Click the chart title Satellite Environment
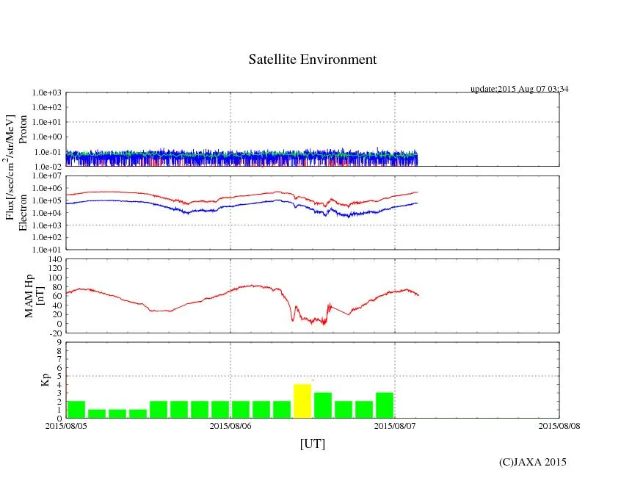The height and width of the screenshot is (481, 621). [x=312, y=59]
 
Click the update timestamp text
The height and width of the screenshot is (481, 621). [x=519, y=89]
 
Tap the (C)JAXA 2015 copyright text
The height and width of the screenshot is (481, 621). [x=532, y=462]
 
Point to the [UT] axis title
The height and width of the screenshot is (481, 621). [x=312, y=444]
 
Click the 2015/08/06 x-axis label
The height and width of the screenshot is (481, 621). [x=230, y=425]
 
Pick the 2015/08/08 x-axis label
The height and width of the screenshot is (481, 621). [x=559, y=425]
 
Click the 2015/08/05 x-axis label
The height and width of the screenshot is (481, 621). [x=66, y=425]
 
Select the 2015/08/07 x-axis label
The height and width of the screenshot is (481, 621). [x=395, y=425]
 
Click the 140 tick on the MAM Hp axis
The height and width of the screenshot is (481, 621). [x=54, y=259]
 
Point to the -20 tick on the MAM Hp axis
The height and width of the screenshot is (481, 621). [x=54, y=333]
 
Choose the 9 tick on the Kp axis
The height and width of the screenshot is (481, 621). [x=59, y=342]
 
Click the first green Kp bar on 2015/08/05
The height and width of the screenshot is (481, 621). [x=76, y=409]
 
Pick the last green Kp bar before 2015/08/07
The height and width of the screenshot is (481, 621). [x=385, y=405]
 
